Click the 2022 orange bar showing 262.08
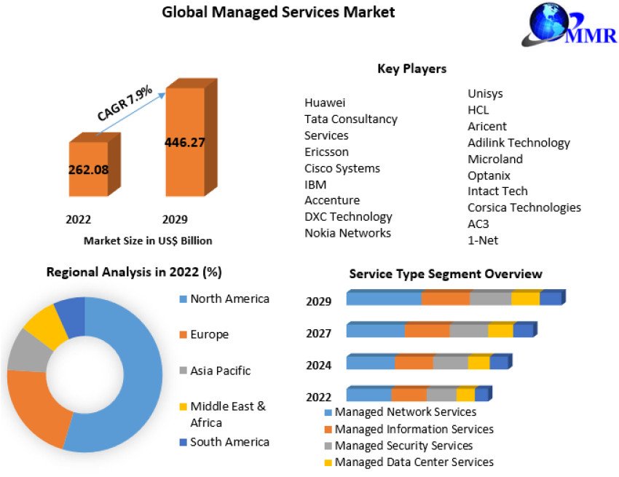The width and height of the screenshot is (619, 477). tap(88, 169)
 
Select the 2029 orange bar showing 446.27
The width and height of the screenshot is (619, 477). tap(184, 142)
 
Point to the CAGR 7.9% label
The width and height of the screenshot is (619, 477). tap(125, 103)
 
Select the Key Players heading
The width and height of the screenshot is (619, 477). tap(411, 68)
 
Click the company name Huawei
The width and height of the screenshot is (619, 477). tap(325, 103)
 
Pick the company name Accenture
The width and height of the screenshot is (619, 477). tap(332, 200)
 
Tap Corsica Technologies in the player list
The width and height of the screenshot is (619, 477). tap(524, 208)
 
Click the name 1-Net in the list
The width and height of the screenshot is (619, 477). tap(483, 240)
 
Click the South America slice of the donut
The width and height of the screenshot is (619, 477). tap(71, 316)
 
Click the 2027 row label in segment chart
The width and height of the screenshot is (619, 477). tap(319, 334)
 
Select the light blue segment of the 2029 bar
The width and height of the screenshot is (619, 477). tap(384, 299)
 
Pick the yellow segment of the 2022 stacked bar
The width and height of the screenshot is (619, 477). tap(465, 395)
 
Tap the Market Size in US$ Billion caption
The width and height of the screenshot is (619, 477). tap(148, 240)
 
